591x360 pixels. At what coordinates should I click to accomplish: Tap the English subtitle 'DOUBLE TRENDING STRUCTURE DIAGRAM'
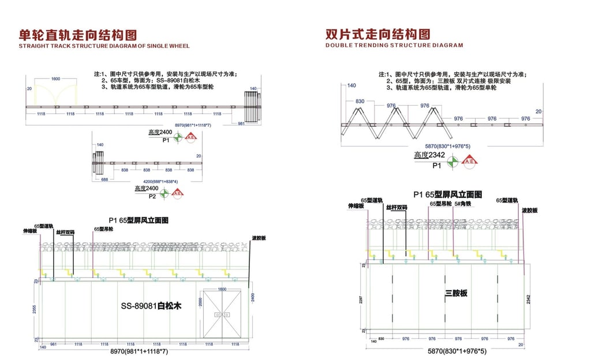pyautogui.click(x=394, y=45)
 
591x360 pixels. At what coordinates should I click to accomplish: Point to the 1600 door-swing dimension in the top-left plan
pyautogui.click(x=56, y=78)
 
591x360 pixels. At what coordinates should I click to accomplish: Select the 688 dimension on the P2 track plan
pyautogui.click(x=104, y=179)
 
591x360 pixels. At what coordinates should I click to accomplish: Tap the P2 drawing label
pyautogui.click(x=152, y=196)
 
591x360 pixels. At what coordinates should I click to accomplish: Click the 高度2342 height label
pyautogui.click(x=431, y=155)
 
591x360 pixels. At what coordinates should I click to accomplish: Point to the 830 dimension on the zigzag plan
pyautogui.click(x=360, y=102)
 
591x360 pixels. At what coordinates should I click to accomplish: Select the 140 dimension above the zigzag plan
pyautogui.click(x=351, y=85)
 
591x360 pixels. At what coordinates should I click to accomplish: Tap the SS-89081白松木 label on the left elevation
pyautogui.click(x=151, y=306)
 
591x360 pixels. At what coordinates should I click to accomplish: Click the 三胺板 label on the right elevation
pyautogui.click(x=456, y=293)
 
